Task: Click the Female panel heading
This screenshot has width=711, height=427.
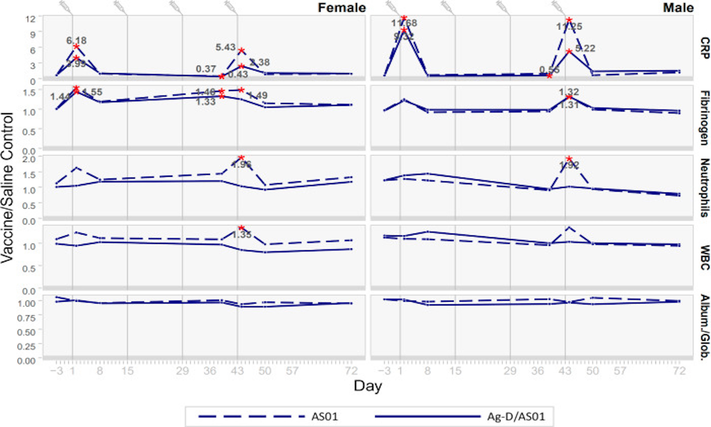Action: tap(341, 8)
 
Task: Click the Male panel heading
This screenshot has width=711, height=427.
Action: tap(678, 8)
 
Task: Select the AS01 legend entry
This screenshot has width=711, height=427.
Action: tap(324, 416)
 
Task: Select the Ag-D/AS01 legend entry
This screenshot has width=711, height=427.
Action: tap(516, 416)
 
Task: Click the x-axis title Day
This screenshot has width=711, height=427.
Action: tap(368, 386)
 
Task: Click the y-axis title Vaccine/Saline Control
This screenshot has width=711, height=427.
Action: tap(7, 187)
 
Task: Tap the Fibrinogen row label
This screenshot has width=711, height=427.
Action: tap(705, 118)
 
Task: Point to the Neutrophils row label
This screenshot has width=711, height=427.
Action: tap(705, 188)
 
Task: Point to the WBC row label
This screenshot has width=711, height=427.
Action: tap(705, 258)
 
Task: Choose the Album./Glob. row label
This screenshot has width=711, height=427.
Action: tap(705, 327)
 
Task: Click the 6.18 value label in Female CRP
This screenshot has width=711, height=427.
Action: tap(77, 41)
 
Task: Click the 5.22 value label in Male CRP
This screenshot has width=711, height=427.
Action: tap(585, 48)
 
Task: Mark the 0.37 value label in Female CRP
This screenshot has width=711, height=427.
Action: tap(206, 69)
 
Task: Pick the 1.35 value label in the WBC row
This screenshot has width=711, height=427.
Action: tap(242, 235)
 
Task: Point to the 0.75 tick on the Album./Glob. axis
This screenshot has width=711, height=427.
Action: tap(26, 318)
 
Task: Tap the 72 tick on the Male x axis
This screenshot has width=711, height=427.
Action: tap(679, 371)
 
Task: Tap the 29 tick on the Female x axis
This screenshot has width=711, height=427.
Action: tap(183, 371)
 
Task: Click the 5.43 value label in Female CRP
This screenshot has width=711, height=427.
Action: tap(226, 47)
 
